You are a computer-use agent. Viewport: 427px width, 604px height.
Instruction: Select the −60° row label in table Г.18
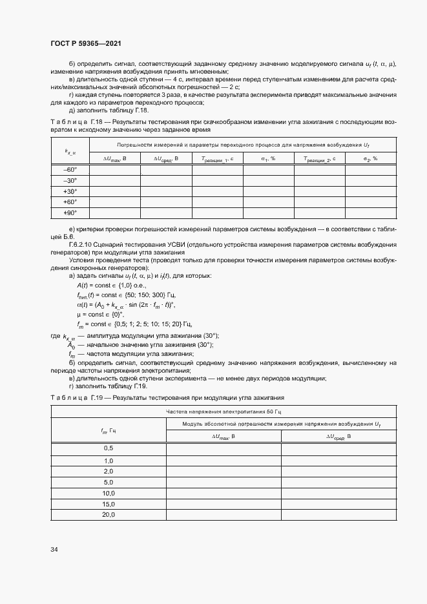[x=70, y=169]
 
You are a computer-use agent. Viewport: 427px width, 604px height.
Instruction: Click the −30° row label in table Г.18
[x=70, y=180]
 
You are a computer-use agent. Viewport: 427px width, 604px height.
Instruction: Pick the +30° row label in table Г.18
[x=70, y=191]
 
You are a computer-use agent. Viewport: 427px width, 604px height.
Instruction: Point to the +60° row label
[x=70, y=202]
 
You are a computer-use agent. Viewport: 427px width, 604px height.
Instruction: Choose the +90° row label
[x=70, y=213]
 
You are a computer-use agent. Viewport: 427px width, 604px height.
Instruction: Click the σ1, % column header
[x=268, y=158]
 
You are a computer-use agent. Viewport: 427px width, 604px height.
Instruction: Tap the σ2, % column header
[x=370, y=158]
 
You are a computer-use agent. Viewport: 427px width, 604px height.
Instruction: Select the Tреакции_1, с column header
[x=217, y=158]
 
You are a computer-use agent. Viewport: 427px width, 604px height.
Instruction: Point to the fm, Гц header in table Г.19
[x=109, y=430]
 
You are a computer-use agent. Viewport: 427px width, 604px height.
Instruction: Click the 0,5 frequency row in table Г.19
[x=109, y=448]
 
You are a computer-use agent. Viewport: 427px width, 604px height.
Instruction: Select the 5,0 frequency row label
[x=109, y=482]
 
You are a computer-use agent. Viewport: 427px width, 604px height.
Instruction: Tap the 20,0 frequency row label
[x=109, y=515]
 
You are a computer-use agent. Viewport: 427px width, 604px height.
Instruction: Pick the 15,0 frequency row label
[x=109, y=504]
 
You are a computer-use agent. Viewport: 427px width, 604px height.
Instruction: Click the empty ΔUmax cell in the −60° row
[x=114, y=169]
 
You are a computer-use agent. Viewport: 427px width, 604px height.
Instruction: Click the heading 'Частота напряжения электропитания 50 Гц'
[x=224, y=411]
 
